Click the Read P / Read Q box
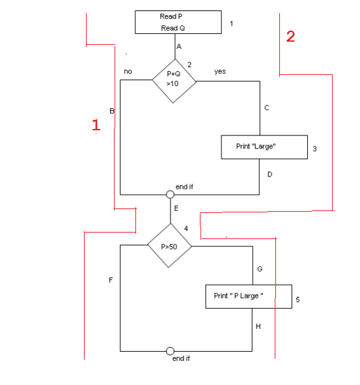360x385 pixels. [178, 22]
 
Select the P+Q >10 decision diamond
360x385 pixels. [173, 81]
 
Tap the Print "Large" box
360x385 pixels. [264, 147]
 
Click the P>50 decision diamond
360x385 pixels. [169, 247]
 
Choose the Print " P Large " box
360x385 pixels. [248, 296]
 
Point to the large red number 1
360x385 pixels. [96, 125]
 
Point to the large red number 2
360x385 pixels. [290, 36]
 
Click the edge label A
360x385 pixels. [178, 47]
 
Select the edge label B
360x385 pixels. [112, 111]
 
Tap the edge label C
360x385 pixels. [267, 108]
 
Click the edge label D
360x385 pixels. [270, 175]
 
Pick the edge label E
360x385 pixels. [176, 208]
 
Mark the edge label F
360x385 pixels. [111, 280]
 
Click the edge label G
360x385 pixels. [260, 268]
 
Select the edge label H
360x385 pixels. [258, 326]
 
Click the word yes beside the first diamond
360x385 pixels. [220, 72]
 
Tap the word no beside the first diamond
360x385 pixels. [128, 72]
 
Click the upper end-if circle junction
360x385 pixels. [170, 194]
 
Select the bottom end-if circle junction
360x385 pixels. [170, 351]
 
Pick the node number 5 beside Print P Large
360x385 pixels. [298, 300]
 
